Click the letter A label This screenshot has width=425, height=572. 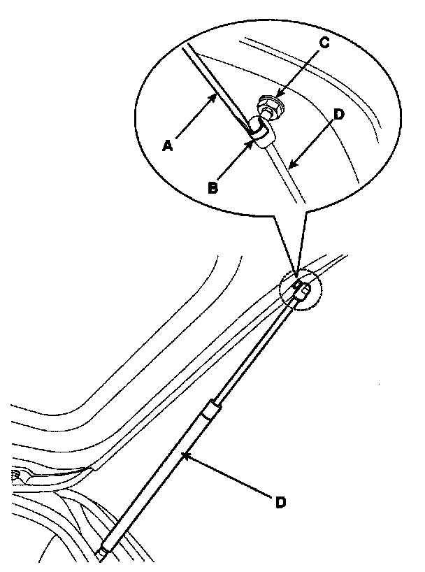[x=166, y=145]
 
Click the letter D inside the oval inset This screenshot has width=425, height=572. [x=338, y=113]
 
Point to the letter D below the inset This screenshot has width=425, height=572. [x=280, y=502]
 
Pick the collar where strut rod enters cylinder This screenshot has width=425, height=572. [x=209, y=410]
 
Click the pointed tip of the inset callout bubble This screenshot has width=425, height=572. [x=296, y=275]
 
